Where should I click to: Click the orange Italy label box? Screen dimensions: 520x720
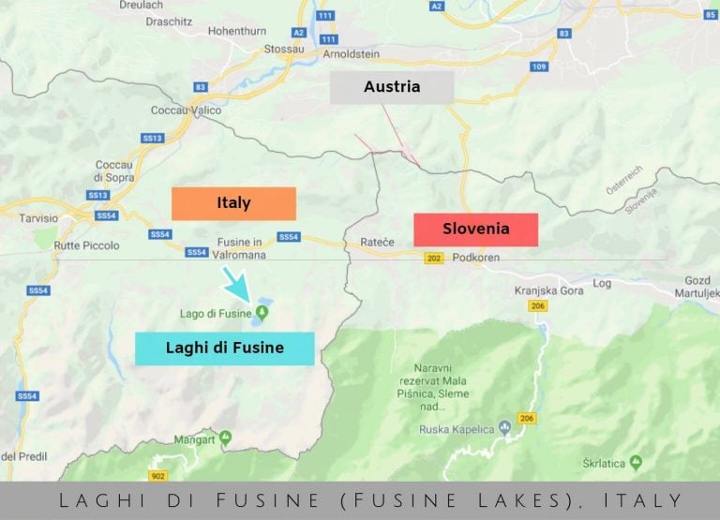(233, 203)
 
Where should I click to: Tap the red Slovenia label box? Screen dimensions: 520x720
(476, 229)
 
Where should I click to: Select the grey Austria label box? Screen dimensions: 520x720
(392, 87)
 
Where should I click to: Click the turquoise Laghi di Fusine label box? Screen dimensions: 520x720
(224, 349)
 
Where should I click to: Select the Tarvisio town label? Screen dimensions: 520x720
(38, 217)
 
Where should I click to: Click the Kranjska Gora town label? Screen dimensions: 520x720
(548, 290)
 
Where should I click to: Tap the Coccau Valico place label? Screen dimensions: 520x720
(186, 111)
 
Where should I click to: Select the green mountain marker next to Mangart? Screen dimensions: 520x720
(225, 438)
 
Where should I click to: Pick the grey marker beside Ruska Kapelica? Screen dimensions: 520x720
(505, 425)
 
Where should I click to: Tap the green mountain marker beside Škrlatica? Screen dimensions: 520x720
(637, 462)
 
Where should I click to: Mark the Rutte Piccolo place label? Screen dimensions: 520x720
(87, 245)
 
